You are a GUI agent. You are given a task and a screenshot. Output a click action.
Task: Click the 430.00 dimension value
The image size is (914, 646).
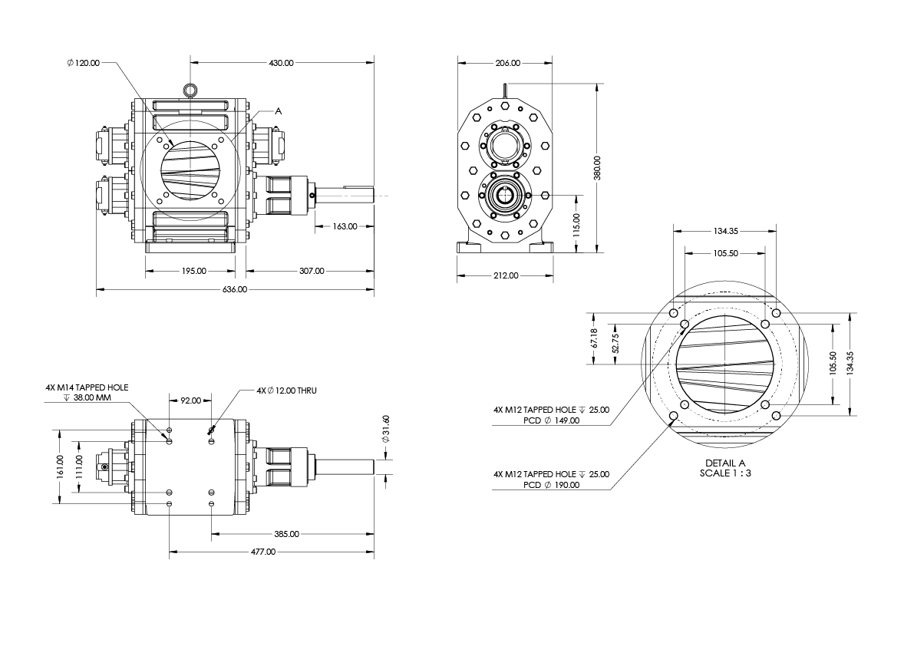coord(281,63)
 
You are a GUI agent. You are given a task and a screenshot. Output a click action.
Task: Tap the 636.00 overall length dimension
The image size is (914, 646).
coord(235,289)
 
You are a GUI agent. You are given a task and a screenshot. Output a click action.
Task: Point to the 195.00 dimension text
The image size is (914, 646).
coord(194,270)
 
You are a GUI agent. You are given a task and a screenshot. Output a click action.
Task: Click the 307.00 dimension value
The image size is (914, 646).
coord(312,270)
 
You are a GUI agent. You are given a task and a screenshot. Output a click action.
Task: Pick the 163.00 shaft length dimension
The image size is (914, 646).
coord(345,226)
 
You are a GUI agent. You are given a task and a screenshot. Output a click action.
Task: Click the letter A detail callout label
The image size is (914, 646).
coord(279,111)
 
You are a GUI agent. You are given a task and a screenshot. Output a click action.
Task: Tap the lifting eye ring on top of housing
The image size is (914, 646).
coord(190,91)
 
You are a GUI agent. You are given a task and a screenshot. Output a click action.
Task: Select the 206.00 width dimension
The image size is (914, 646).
coord(507,63)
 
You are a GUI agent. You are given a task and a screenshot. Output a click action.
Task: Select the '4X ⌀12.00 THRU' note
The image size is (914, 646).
coord(287,391)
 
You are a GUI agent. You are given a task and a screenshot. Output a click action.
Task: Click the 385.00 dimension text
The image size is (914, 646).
coord(286,533)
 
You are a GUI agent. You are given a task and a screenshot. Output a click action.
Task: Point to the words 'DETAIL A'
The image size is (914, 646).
coord(725,463)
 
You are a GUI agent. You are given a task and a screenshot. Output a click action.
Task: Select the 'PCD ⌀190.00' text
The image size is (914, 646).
coord(552,485)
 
